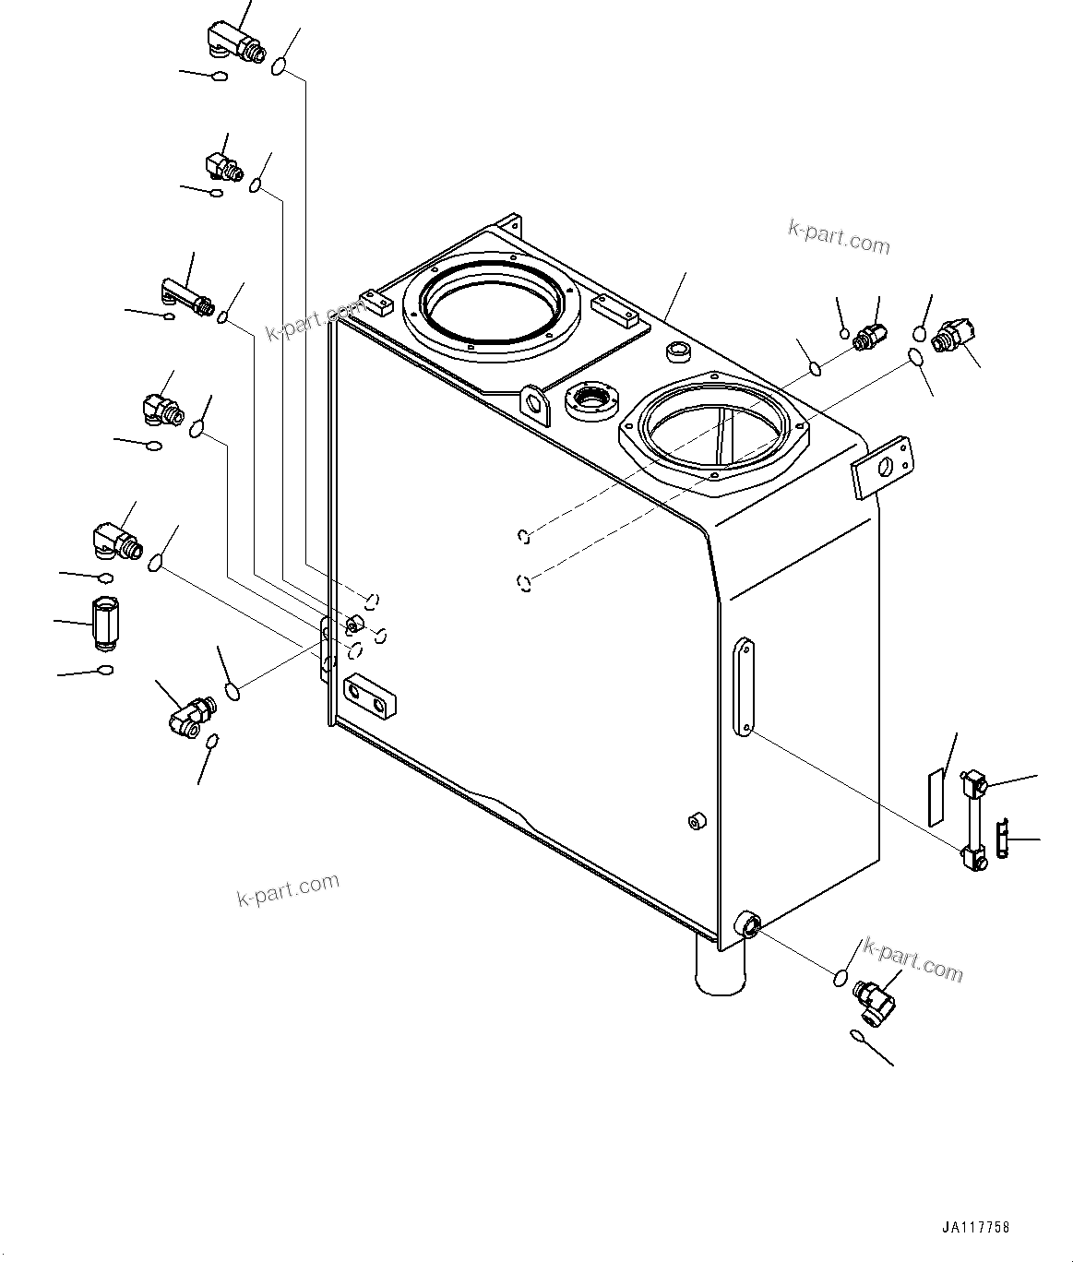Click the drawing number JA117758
coord(976,1227)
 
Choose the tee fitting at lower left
coord(190,714)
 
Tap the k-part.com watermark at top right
coord(839,237)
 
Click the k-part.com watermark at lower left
coord(288,889)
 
